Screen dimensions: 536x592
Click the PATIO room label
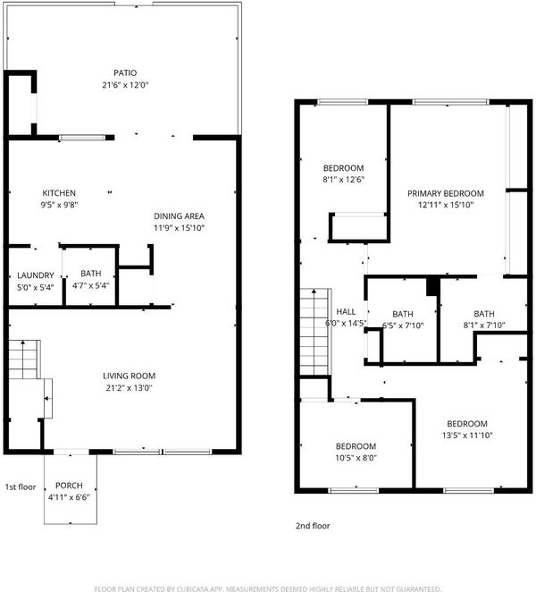(x=125, y=72)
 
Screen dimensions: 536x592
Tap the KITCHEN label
(x=59, y=193)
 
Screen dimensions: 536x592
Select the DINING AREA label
(x=179, y=216)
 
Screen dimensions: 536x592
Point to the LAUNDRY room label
(x=36, y=275)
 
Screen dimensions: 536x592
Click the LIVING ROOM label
(x=129, y=376)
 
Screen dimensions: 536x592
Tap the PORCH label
(x=69, y=486)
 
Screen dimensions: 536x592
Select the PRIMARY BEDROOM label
(x=446, y=194)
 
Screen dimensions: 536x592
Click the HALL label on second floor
(x=346, y=311)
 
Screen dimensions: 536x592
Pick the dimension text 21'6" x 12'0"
(x=125, y=85)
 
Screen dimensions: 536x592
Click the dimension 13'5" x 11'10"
(x=467, y=436)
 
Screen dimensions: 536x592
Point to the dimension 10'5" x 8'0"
(x=356, y=458)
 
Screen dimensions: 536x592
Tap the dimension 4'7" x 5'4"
(x=90, y=285)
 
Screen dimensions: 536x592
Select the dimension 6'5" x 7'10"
(x=403, y=326)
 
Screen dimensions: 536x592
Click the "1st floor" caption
(x=21, y=487)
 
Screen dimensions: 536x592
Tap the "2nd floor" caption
(x=313, y=526)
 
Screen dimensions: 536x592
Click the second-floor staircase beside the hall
(x=315, y=332)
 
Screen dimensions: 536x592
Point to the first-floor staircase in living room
(x=24, y=359)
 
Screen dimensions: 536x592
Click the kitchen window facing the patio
(x=82, y=138)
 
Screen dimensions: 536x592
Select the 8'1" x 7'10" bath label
(x=484, y=319)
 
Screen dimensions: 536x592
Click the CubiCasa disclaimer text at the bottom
(x=267, y=588)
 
